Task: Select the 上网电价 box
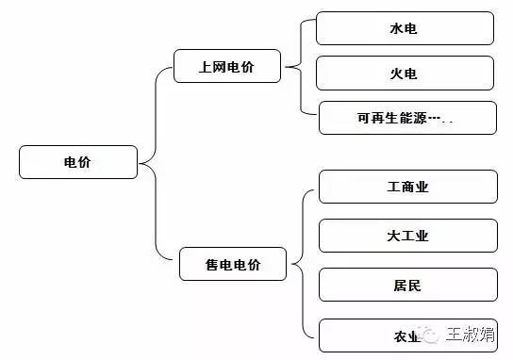click(227, 66)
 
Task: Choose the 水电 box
click(405, 28)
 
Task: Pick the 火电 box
click(405, 73)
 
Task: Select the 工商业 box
click(407, 187)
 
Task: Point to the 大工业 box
click(407, 236)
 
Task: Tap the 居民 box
click(407, 285)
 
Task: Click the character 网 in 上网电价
click(220, 66)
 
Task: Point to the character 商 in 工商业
click(407, 187)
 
